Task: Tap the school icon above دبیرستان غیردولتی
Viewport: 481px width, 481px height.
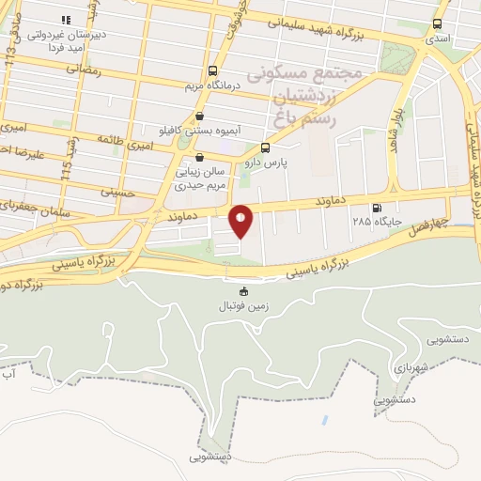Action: click(x=65, y=19)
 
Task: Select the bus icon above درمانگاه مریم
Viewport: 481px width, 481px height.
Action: click(x=213, y=70)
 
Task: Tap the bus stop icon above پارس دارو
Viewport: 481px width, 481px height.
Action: click(x=265, y=147)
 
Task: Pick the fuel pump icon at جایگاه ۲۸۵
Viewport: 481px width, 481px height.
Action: click(x=377, y=208)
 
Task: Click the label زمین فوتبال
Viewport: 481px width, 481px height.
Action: click(x=245, y=306)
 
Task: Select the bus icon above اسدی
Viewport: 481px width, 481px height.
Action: click(x=437, y=24)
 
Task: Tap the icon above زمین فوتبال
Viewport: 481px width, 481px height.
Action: click(x=245, y=290)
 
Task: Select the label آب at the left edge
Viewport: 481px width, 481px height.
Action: click(x=8, y=375)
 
